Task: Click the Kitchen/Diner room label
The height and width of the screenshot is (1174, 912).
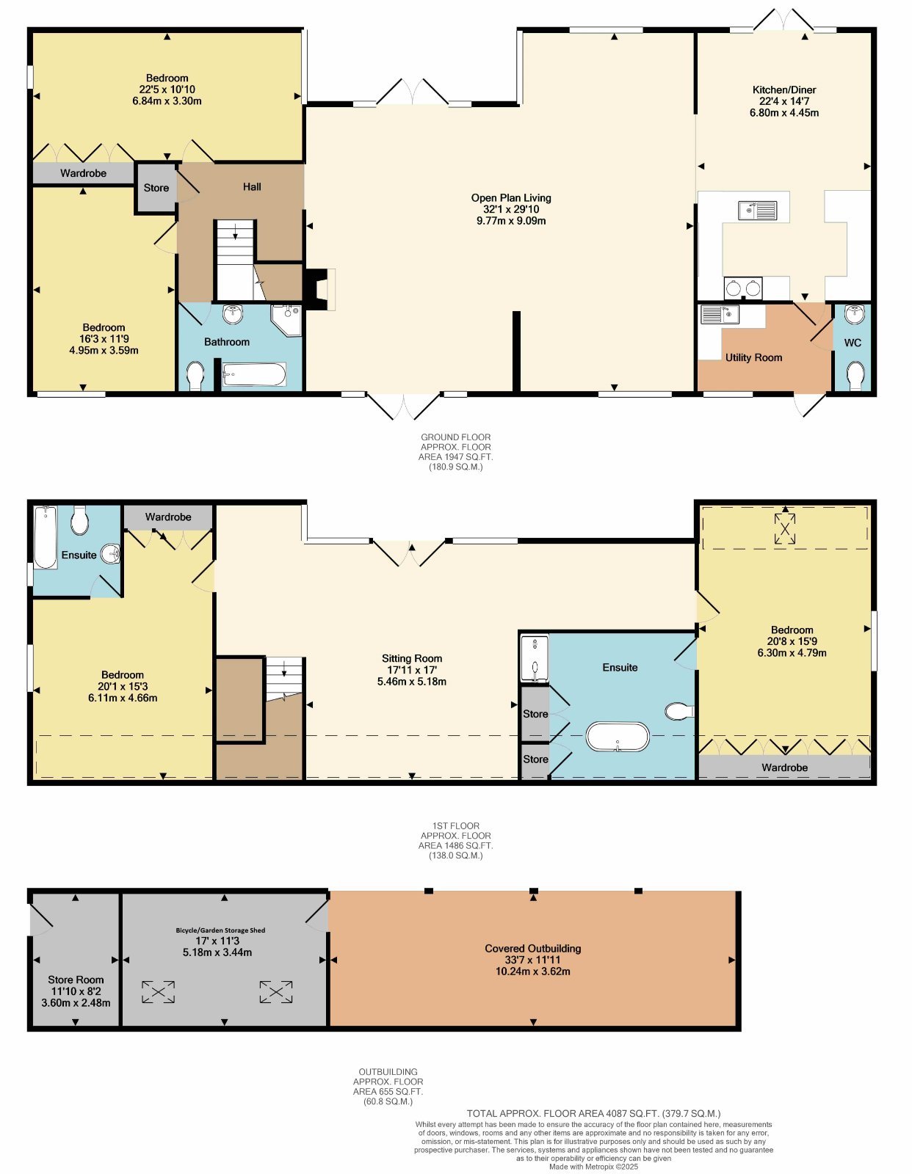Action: (784, 90)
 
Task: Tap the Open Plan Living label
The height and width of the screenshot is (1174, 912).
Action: (511, 197)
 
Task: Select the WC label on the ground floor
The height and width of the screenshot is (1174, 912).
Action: (853, 343)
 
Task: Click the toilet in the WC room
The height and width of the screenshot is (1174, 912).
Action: (855, 374)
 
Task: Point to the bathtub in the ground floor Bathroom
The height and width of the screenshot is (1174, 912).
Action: (254, 374)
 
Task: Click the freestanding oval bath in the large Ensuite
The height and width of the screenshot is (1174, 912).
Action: (618, 736)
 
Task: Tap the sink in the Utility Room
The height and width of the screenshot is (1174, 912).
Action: (720, 315)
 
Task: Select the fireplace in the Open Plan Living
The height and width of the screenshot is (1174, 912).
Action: (320, 289)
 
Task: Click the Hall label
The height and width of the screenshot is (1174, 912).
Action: (252, 187)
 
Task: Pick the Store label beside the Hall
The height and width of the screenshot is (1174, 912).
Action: (156, 187)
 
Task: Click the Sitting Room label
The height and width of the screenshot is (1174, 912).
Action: (412, 658)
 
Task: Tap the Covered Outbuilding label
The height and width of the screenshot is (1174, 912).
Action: (532, 948)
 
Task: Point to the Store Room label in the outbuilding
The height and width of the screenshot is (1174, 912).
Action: (76, 980)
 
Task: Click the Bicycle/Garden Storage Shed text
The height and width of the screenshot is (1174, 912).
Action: (220, 930)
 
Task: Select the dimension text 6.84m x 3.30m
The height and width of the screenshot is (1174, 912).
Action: (167, 101)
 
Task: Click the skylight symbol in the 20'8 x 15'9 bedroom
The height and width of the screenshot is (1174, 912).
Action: (785, 528)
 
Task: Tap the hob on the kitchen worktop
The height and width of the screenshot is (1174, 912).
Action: (743, 288)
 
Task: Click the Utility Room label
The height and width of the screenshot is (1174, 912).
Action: (753, 357)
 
